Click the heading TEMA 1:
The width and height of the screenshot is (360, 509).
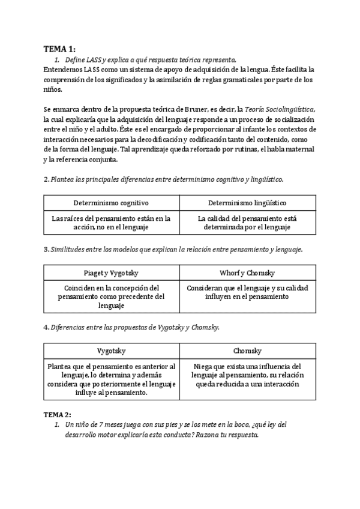click(60, 49)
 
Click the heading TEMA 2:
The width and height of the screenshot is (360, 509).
click(58, 415)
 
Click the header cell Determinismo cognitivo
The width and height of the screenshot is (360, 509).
click(111, 203)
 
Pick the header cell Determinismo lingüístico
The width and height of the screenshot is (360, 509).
click(247, 203)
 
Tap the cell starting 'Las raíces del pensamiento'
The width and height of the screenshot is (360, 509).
click(111, 223)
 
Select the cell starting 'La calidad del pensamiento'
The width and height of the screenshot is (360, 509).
click(247, 223)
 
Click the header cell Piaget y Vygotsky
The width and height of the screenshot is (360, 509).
click(111, 273)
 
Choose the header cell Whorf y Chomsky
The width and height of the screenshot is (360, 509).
click(247, 273)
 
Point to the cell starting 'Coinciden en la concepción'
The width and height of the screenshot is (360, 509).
click(111, 297)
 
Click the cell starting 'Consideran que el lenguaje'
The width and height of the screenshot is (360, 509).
click(247, 292)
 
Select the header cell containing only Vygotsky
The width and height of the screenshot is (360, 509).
click(111, 351)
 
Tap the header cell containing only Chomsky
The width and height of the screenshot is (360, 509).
click(247, 351)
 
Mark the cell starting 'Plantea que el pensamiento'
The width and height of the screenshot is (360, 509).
click(111, 379)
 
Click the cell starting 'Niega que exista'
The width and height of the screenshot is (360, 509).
click(247, 375)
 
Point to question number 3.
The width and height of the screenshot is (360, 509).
click(46, 249)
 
